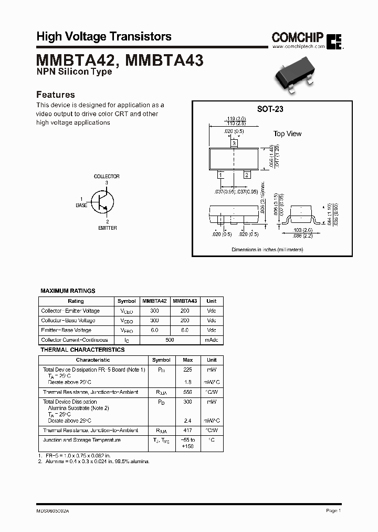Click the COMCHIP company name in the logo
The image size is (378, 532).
[297, 37]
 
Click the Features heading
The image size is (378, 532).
[55, 95]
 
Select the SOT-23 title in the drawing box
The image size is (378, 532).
[270, 109]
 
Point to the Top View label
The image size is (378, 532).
[287, 134]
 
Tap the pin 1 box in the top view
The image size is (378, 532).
[221, 175]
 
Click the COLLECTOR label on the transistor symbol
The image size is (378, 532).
[107, 177]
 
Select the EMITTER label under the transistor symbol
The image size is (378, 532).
[107, 228]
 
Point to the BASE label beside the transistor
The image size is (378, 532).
[81, 206]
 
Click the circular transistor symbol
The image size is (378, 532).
[103, 201]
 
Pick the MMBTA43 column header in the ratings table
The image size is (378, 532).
[185, 301]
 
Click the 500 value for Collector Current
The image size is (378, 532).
[170, 340]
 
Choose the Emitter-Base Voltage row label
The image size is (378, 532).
[66, 330]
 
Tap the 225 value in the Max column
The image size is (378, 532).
[188, 370]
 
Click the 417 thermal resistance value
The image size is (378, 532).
[188, 431]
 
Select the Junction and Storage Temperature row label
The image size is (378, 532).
[81, 440]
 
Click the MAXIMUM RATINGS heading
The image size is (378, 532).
[68, 291]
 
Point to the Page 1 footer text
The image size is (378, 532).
[333, 510]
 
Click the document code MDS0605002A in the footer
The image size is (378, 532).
[52, 510]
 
